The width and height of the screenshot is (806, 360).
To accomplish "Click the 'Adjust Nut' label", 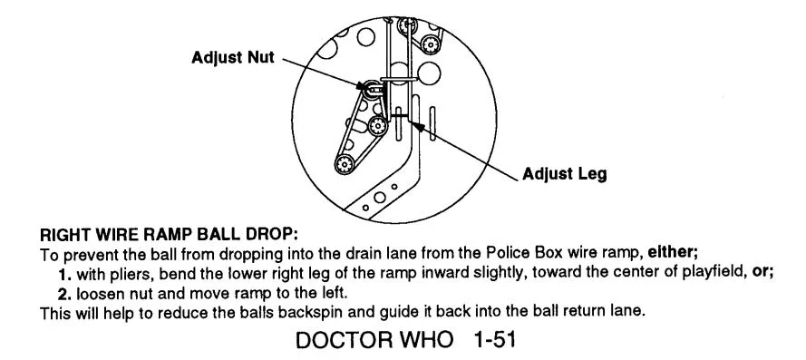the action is click(x=233, y=57).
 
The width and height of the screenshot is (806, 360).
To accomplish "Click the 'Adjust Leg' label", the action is click(x=565, y=174).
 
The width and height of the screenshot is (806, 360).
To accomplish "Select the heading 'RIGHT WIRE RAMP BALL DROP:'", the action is click(x=170, y=236).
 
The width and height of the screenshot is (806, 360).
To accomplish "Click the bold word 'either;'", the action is click(x=673, y=253).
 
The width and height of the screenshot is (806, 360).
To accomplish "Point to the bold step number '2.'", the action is click(x=65, y=294).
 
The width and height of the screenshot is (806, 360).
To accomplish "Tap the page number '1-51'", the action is click(x=494, y=340).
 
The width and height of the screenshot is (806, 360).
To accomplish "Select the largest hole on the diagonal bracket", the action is click(x=380, y=198).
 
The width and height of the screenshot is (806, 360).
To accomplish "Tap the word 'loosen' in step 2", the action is click(x=95, y=295).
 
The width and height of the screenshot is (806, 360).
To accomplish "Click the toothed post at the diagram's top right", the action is click(x=430, y=44).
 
